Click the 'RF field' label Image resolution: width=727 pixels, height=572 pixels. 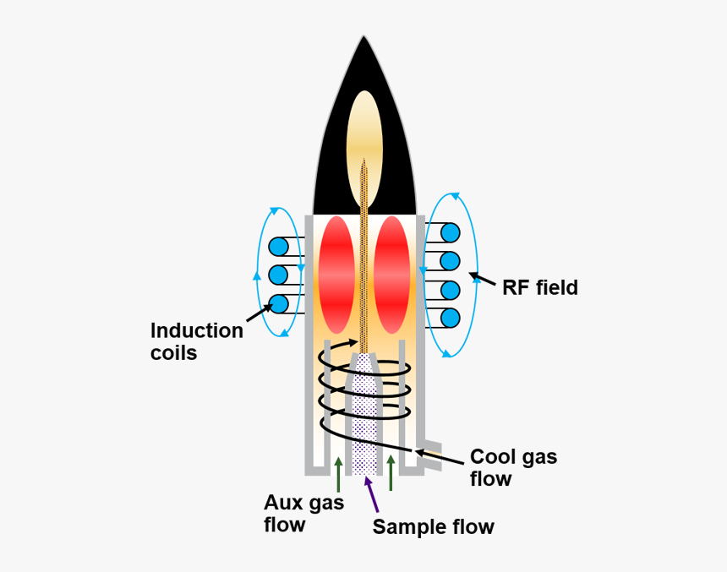pos(540,287)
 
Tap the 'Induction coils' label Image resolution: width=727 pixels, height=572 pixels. pos(196,341)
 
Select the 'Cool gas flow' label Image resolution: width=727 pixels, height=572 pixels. pos(513,467)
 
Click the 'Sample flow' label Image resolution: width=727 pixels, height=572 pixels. pos(433,527)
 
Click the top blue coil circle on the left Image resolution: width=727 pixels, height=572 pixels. pos(279,247)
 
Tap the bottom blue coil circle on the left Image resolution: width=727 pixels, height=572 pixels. pos(279,303)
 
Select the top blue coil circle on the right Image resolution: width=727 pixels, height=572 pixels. pos(450,232)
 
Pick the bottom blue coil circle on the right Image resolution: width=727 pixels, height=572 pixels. pos(450,319)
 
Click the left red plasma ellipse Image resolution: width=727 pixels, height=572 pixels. pos(337,275)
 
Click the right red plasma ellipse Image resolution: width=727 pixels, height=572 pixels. pos(391,275)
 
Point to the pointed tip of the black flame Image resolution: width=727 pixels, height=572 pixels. pos(363,39)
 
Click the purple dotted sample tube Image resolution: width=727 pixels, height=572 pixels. pos(364,414)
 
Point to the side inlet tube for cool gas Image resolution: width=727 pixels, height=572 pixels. pos(431,448)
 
